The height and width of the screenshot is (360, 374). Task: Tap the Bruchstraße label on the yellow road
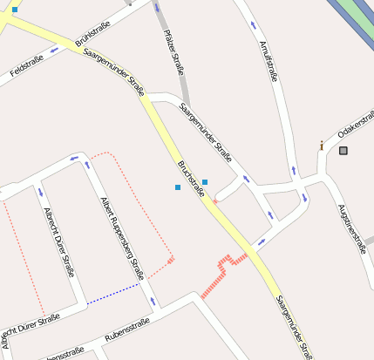click(x=191, y=179)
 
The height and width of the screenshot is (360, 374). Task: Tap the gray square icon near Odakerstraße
click(x=343, y=151)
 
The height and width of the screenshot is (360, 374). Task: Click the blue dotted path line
click(x=113, y=293)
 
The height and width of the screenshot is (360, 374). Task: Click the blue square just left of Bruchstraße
click(x=178, y=187)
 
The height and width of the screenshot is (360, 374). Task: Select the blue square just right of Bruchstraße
click(x=205, y=181)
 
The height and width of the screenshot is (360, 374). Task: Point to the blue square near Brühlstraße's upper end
click(x=15, y=10)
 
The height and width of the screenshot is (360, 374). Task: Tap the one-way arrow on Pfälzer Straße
click(x=158, y=8)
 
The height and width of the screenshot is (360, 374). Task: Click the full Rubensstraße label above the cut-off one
click(x=127, y=329)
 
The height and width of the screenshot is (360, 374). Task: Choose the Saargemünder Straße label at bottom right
click(x=293, y=326)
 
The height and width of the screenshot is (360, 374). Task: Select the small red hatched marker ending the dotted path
click(x=171, y=259)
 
